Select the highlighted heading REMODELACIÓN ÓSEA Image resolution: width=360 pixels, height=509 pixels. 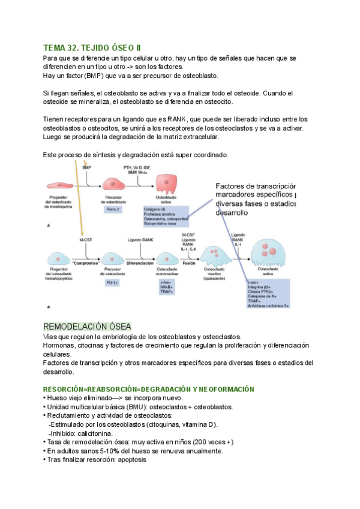point(87,327)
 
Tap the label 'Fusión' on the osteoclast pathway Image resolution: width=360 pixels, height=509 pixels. point(188,263)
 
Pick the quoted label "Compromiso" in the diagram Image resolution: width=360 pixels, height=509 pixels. point(85,263)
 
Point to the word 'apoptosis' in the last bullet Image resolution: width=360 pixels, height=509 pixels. point(128,460)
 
